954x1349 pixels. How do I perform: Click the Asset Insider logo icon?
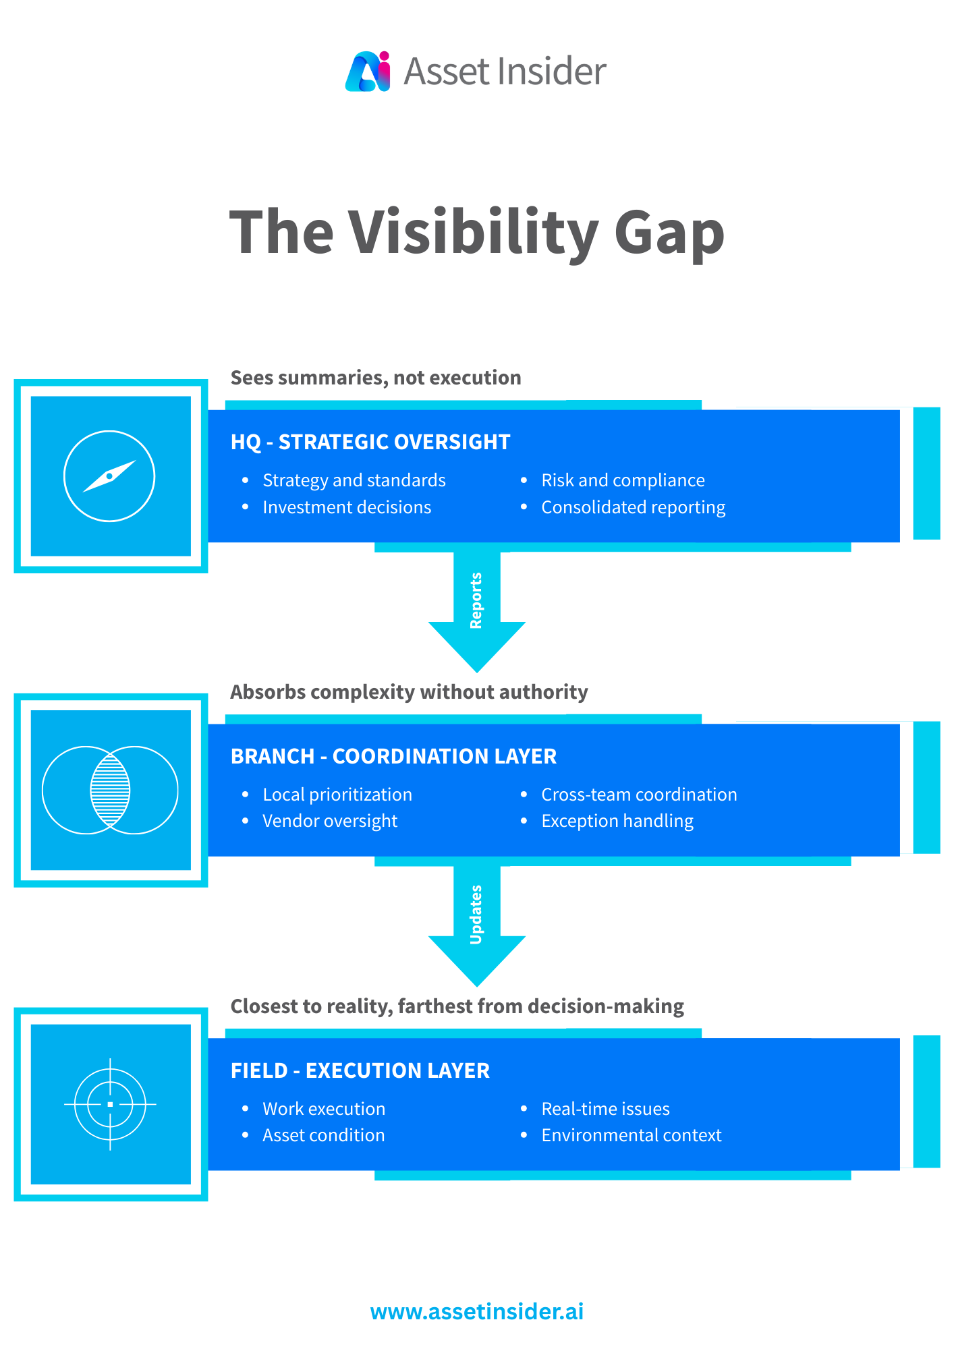[x=368, y=71]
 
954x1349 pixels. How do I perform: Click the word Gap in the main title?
[x=669, y=233]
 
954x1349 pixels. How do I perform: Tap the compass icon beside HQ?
[x=109, y=476]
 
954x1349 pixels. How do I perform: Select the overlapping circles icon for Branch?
[x=110, y=791]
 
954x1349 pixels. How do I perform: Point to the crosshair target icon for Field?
[x=110, y=1104]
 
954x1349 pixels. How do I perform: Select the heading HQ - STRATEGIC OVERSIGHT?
[x=370, y=442]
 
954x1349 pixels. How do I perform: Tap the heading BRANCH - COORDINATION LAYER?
[x=393, y=756]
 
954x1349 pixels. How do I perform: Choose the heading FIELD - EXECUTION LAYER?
[x=360, y=1070]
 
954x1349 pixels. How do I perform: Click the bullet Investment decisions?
[x=347, y=507]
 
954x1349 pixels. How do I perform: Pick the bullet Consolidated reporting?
[x=633, y=507]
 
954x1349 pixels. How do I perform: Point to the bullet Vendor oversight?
[x=330, y=821]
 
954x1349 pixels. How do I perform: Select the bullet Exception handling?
[x=617, y=821]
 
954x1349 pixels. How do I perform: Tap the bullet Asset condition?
[x=324, y=1135]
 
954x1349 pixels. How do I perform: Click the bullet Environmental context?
[x=632, y=1135]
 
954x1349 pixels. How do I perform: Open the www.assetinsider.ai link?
[x=477, y=1312]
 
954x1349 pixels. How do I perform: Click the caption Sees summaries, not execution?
[x=376, y=378]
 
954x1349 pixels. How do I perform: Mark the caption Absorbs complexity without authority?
[x=409, y=692]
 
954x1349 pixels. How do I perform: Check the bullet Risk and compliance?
[x=623, y=480]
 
